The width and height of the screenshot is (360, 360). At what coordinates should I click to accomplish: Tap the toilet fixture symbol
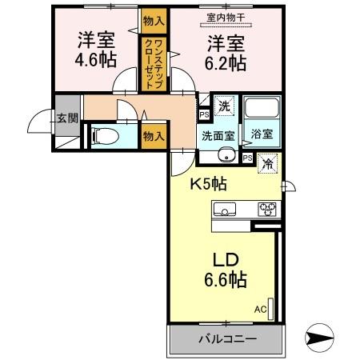pos(102,136)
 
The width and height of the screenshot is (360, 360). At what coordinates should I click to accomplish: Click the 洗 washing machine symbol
pos(225,106)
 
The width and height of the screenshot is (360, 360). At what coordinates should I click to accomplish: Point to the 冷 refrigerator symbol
pos(266,161)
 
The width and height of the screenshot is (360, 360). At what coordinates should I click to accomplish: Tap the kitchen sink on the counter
pos(225,210)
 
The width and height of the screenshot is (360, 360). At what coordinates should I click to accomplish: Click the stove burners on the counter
pos(266,210)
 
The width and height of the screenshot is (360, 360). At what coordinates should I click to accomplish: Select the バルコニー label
pos(228,339)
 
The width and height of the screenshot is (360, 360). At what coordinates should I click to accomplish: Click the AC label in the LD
pos(260,309)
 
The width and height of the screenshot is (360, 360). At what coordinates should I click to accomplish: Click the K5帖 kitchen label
pos(207,183)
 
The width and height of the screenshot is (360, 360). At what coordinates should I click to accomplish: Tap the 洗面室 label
pos(217,135)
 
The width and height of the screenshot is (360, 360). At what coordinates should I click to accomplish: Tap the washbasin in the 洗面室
pos(226,155)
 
